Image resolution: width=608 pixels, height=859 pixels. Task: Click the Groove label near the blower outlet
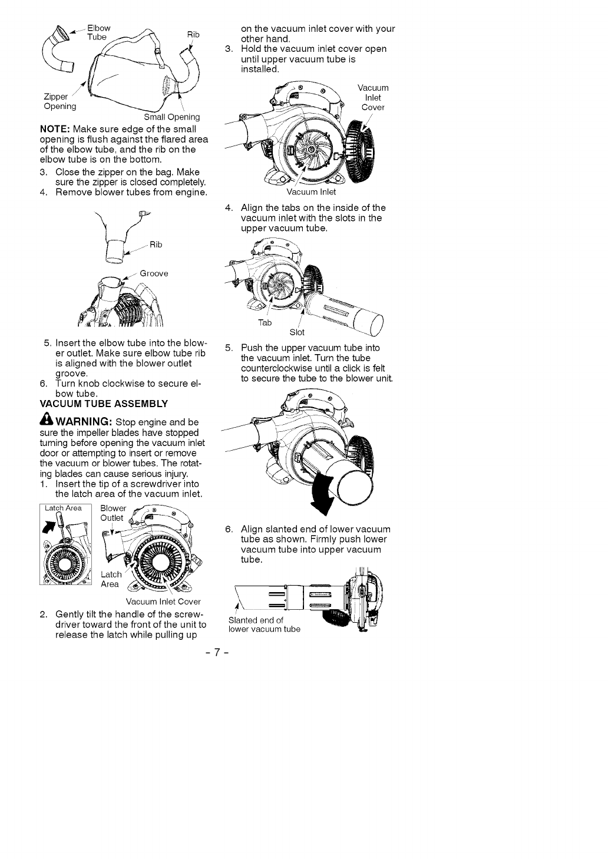click(x=154, y=273)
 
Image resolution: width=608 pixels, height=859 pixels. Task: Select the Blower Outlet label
click(x=113, y=513)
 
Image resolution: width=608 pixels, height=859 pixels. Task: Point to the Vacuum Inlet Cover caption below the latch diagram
click(x=163, y=602)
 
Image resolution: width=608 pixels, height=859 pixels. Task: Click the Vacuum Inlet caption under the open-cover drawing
click(x=311, y=191)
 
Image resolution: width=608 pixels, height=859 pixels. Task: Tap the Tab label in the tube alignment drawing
click(x=265, y=323)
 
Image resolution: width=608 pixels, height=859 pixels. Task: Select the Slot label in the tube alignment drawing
click(x=297, y=332)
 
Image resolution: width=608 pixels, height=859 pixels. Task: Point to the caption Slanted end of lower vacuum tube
click(x=263, y=624)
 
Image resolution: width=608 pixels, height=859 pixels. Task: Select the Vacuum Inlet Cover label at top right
click(x=372, y=98)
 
